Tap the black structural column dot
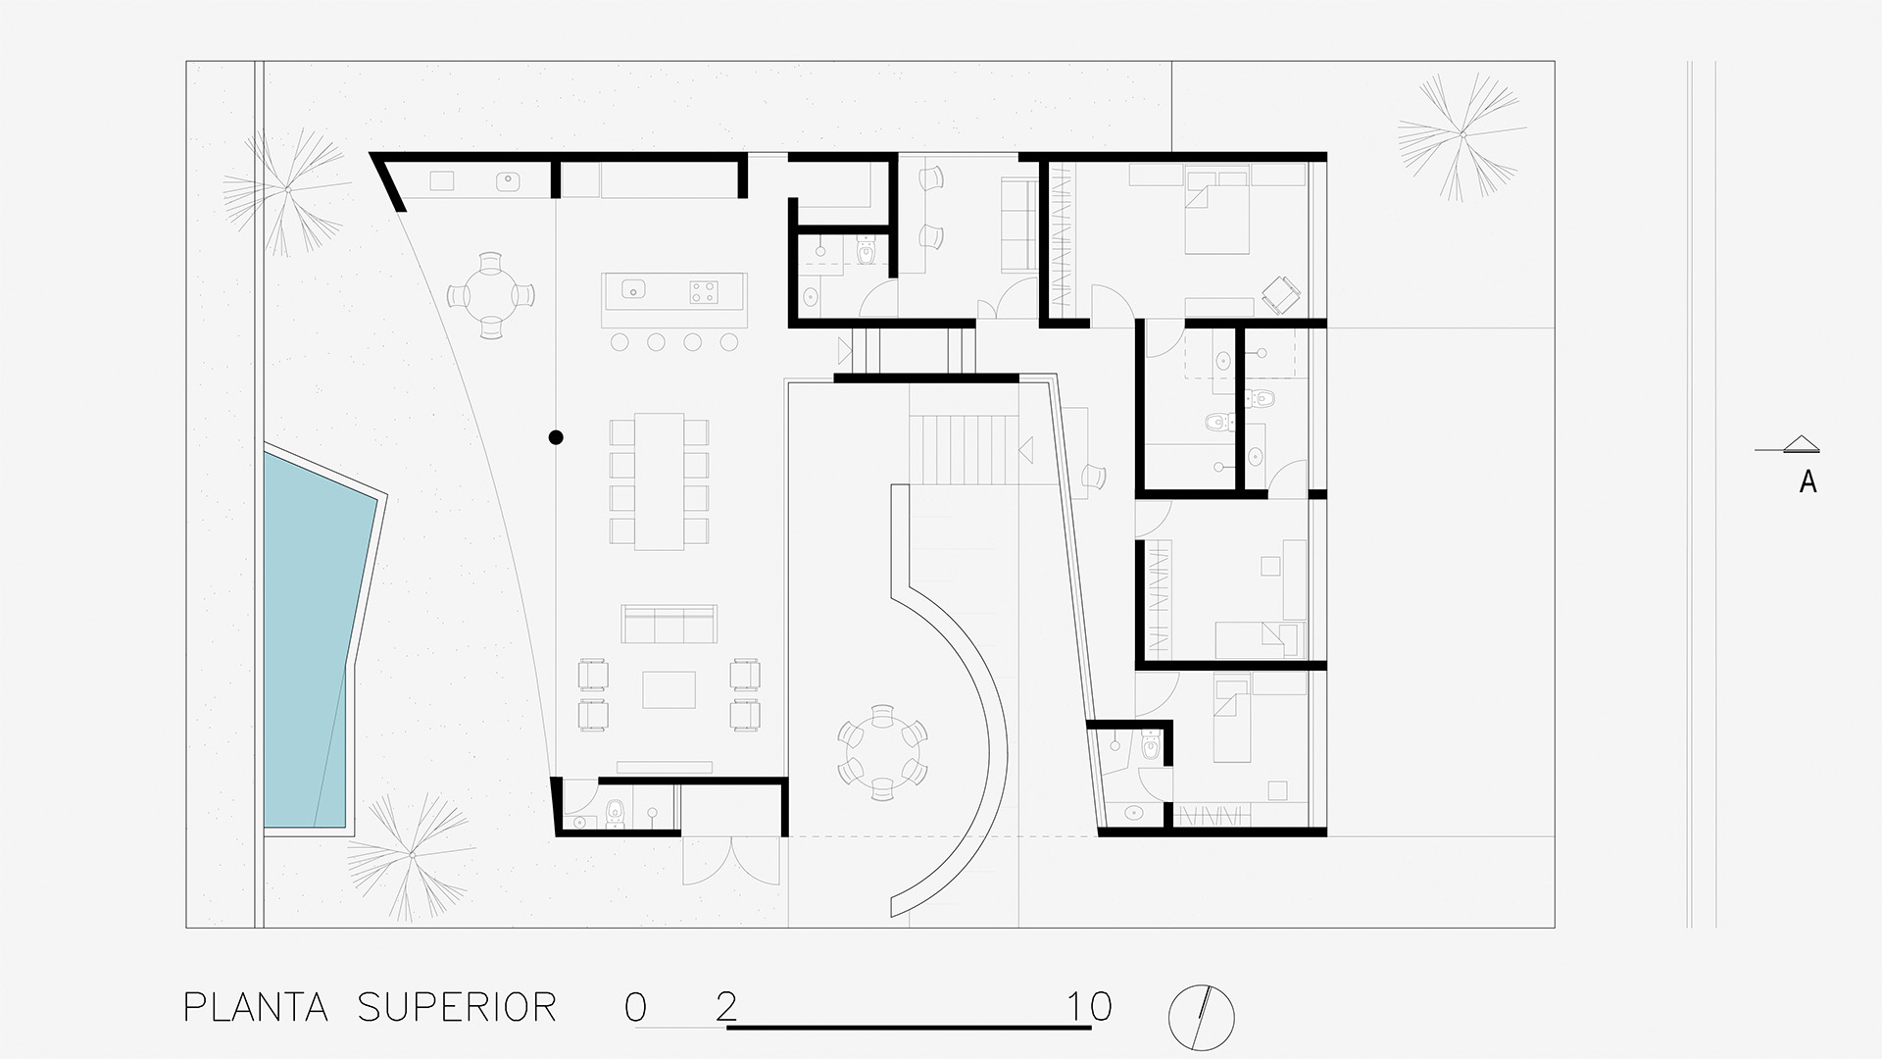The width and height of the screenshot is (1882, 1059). pyautogui.click(x=556, y=437)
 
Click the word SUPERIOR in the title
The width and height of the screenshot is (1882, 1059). pyautogui.click(x=457, y=1007)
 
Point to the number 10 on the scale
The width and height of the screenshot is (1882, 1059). pyautogui.click(x=1091, y=1007)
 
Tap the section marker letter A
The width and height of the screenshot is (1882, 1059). pyautogui.click(x=1808, y=481)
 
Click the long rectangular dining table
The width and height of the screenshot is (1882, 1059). pyautogui.click(x=659, y=481)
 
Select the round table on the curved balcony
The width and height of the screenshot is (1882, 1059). pyautogui.click(x=882, y=752)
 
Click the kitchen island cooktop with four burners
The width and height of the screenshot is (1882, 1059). pyautogui.click(x=703, y=290)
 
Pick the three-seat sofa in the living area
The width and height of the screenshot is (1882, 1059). pyautogui.click(x=669, y=624)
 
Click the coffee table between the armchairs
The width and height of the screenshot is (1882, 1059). pyautogui.click(x=669, y=689)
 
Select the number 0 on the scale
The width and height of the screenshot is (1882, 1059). pyautogui.click(x=635, y=1007)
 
